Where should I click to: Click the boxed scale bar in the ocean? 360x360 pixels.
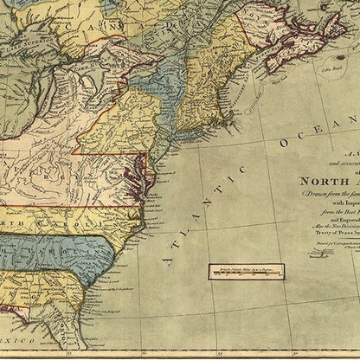tap(246, 271)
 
